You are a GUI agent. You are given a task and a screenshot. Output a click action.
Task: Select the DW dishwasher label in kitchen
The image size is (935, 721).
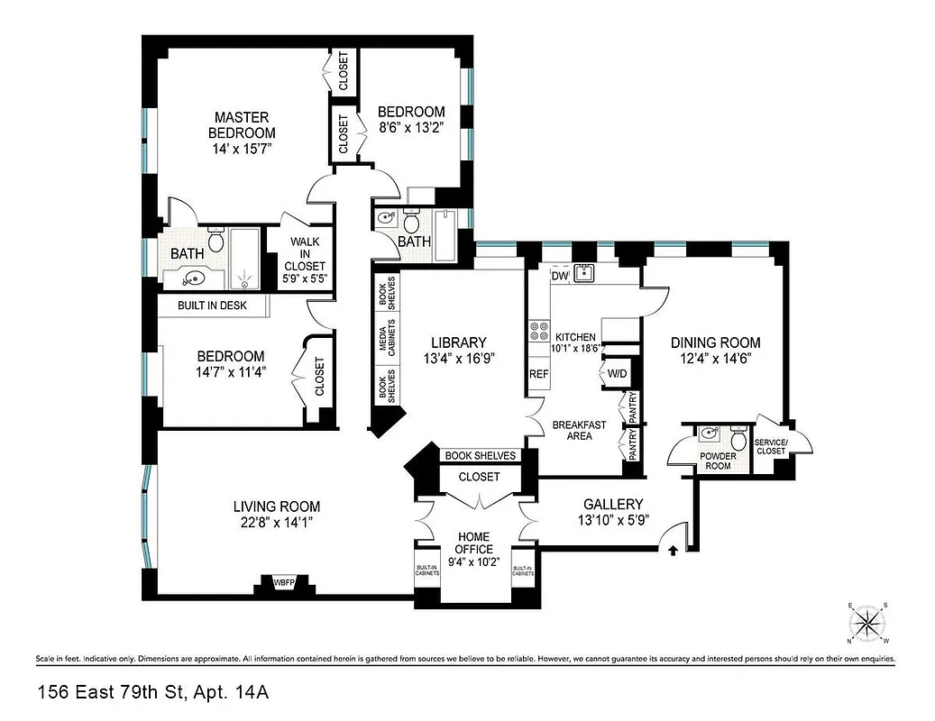point(559,277)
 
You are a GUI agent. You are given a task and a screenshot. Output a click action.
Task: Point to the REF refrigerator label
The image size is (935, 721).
point(538,373)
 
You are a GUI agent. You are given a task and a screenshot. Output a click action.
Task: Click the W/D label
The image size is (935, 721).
point(617,373)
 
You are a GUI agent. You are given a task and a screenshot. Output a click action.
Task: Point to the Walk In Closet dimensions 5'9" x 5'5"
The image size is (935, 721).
point(307,279)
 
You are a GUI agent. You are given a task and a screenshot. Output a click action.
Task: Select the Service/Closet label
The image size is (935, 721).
point(771,446)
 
